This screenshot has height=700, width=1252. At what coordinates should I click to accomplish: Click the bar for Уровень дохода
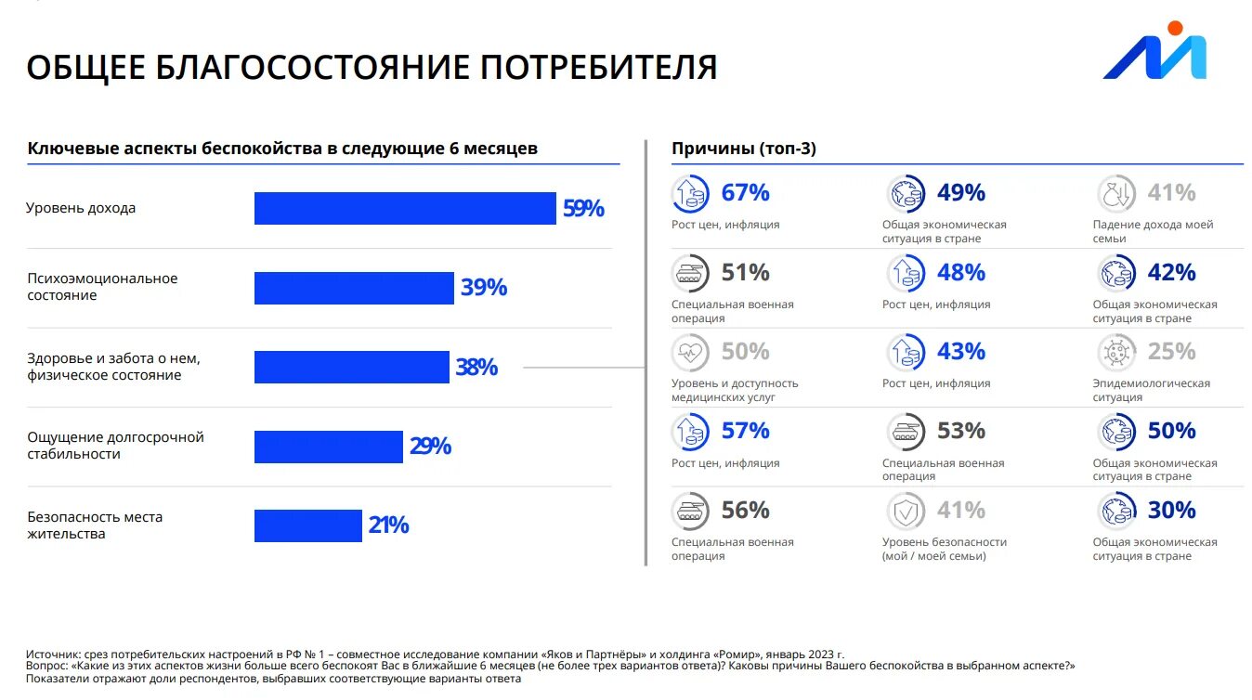click(x=405, y=209)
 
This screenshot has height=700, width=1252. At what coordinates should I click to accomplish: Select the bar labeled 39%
click(x=354, y=288)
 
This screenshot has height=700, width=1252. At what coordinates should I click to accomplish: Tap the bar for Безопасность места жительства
click(x=307, y=525)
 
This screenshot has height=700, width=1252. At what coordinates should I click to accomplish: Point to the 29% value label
click(x=430, y=447)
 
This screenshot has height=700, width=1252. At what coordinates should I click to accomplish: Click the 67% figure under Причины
click(x=745, y=193)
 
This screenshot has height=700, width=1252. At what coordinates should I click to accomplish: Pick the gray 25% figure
click(x=1171, y=352)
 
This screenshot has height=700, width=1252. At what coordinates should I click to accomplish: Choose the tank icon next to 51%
click(x=691, y=273)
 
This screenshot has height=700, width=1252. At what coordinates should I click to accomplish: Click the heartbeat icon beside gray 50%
click(x=691, y=352)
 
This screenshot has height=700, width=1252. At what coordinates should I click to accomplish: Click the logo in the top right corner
click(x=1154, y=53)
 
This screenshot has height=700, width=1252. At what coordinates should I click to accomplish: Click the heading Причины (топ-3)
click(x=743, y=149)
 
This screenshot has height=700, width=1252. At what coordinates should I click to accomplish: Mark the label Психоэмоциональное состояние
click(x=101, y=287)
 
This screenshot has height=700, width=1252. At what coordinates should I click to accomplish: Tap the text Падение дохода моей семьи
click(x=1152, y=231)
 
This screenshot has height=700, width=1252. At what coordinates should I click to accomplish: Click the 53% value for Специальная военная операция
click(x=960, y=431)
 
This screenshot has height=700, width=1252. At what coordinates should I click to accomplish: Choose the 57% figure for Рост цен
click(x=745, y=431)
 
